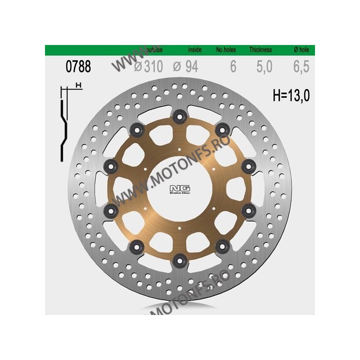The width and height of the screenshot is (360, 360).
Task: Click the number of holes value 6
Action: (x=233, y=67)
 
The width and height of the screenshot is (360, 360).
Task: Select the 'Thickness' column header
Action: (x=258, y=50)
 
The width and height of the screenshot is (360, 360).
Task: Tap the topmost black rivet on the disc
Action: (x=180, y=116)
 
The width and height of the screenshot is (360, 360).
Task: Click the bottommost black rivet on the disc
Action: (x=180, y=259)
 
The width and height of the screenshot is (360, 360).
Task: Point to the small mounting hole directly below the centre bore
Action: (x=180, y=228)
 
